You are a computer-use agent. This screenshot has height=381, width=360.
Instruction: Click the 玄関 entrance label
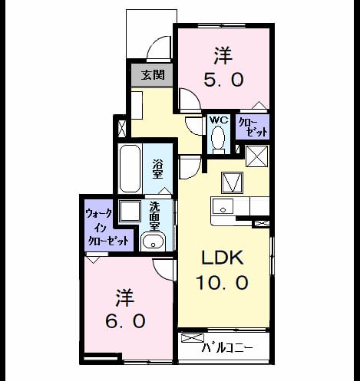pyautogui.click(x=153, y=75)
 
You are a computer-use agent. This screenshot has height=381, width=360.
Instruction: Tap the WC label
pyautogui.click(x=219, y=120)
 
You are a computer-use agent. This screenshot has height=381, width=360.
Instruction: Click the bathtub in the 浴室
pyautogui.click(x=130, y=169)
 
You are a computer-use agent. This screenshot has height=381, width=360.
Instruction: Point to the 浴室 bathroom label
pyautogui.click(x=157, y=169)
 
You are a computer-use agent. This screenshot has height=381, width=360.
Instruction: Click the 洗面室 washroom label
pyautogui.click(x=154, y=216)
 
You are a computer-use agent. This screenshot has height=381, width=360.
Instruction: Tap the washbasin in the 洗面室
pyautogui.click(x=153, y=241)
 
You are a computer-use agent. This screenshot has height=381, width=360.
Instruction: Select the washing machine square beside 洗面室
pyautogui.click(x=130, y=212)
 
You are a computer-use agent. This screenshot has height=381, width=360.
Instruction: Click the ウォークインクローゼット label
pyautogui.click(x=107, y=227)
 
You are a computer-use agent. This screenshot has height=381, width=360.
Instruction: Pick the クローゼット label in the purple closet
pyautogui.click(x=253, y=127)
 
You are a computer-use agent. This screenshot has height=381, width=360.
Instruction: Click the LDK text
pyautogui.click(x=222, y=258)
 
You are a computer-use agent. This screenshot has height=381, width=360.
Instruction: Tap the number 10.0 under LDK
pyautogui.click(x=222, y=283)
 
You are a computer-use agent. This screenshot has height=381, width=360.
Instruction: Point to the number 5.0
pyautogui.click(x=223, y=79)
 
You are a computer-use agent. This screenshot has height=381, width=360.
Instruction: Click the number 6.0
pyautogui.click(x=125, y=321)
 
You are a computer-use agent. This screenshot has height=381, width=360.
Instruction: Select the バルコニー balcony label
pyautogui.click(x=227, y=348)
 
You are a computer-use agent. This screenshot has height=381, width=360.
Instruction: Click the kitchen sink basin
pyautogui.click(x=223, y=206)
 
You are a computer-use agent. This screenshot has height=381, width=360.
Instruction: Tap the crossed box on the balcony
pyautogui.click(x=193, y=338)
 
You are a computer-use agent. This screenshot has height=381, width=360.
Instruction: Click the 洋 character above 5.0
pyautogui.click(x=223, y=55)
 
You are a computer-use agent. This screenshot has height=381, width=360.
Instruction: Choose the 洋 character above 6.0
pyautogui.click(x=125, y=297)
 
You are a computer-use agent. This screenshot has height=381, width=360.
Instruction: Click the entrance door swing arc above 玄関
pyautogui.click(x=156, y=46)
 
